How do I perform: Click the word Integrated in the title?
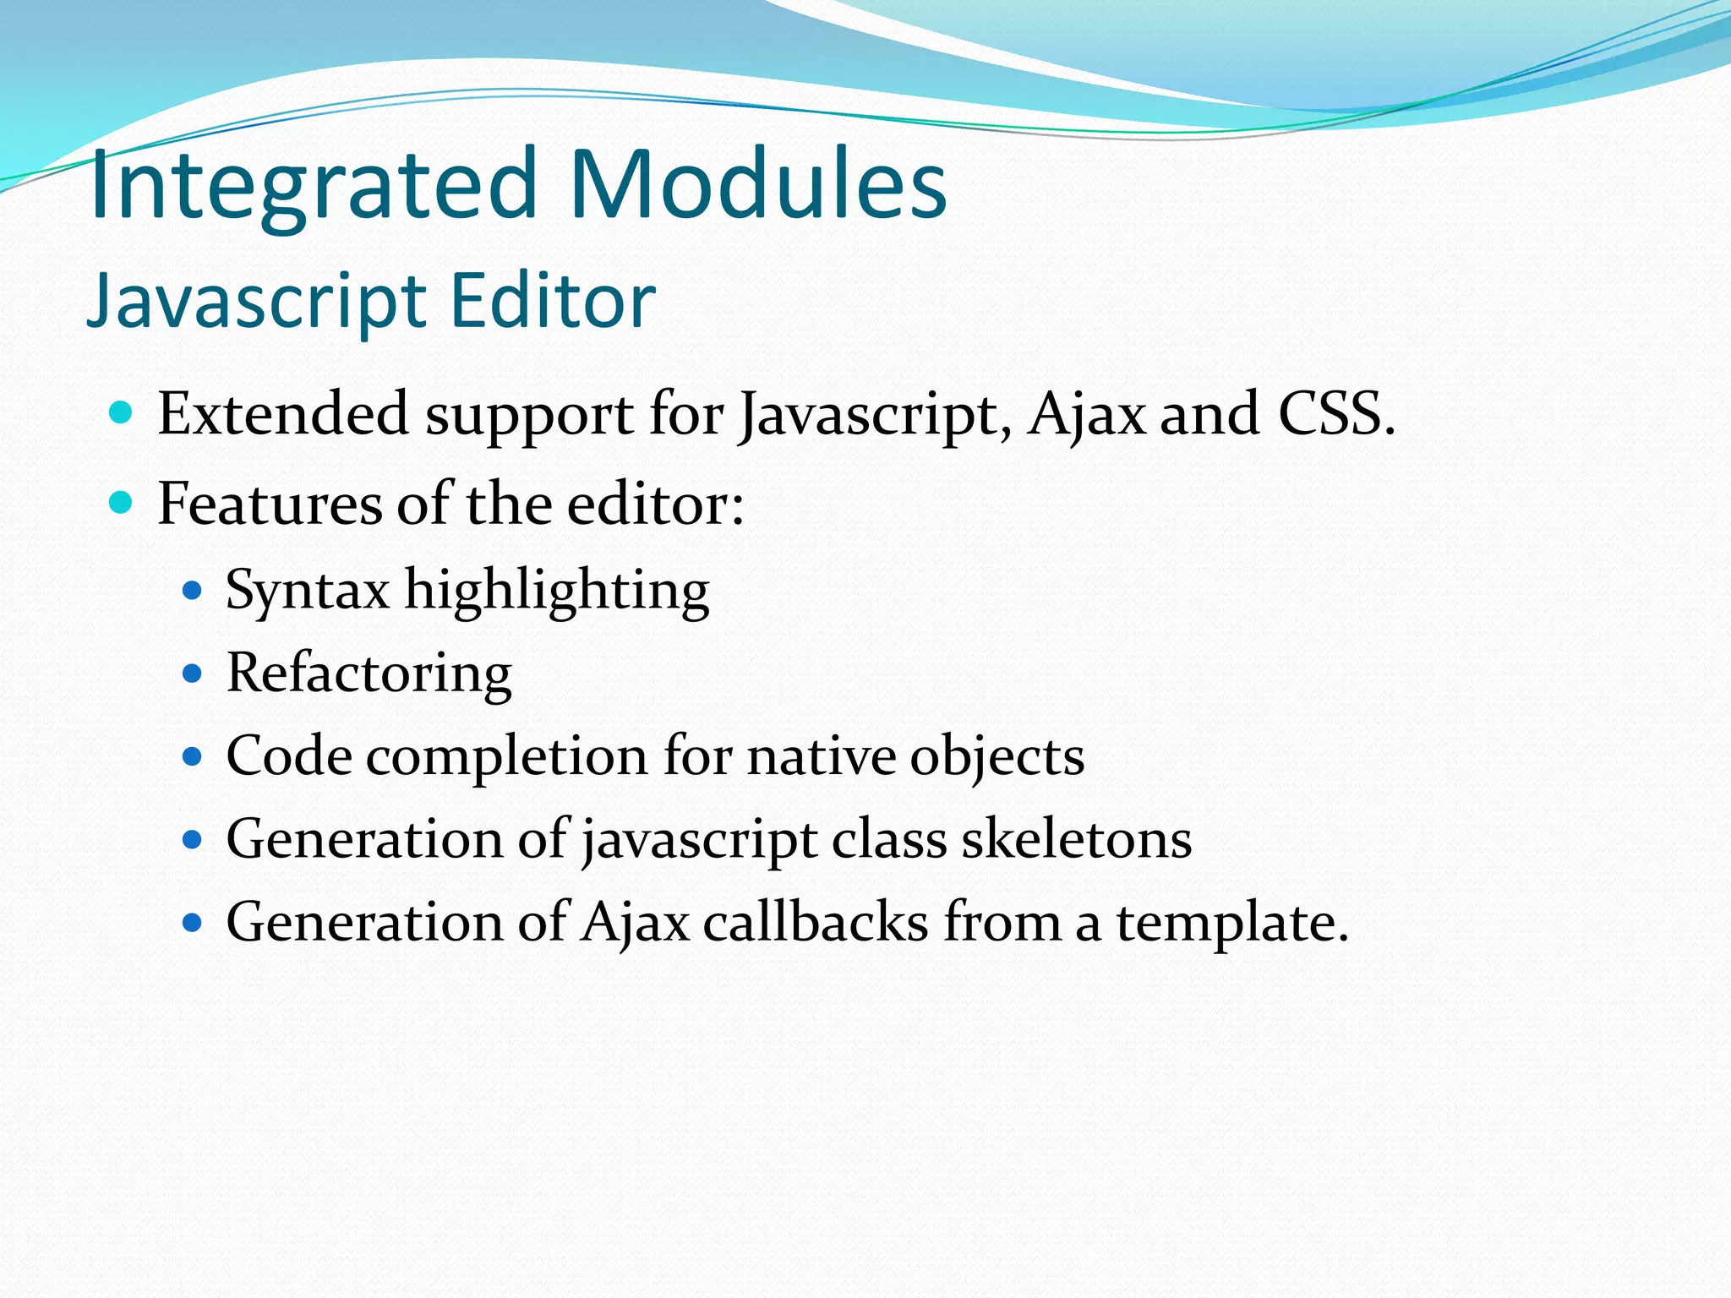tap(313, 184)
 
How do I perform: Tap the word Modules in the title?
tap(758, 184)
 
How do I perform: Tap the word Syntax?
tap(308, 590)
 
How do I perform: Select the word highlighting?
tap(557, 590)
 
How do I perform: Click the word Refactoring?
tap(369, 674)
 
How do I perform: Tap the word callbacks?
tap(816, 921)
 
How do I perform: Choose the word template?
tap(1231, 921)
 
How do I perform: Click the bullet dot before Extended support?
tap(122, 413)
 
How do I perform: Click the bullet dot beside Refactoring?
tap(193, 674)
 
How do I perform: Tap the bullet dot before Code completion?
tap(193, 755)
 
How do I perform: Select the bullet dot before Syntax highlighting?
tap(193, 590)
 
